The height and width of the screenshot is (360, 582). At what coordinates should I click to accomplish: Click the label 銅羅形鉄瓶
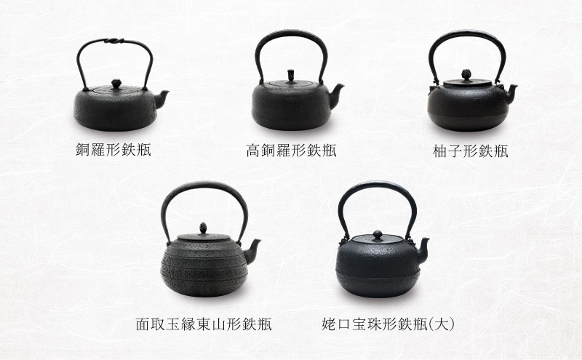[x=113, y=150]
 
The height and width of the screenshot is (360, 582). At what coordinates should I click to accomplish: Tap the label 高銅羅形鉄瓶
[x=292, y=151]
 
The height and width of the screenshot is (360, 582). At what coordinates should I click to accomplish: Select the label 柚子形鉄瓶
[x=470, y=151]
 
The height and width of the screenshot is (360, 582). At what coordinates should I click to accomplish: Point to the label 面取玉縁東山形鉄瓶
[x=204, y=324]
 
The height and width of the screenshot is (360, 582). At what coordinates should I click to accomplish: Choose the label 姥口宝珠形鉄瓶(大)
[x=388, y=324]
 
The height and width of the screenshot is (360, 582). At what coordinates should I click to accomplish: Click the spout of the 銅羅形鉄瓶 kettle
[x=161, y=98]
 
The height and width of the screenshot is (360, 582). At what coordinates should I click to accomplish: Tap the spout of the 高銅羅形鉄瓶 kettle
[x=336, y=95]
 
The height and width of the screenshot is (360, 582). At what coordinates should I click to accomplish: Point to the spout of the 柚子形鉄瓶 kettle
[x=511, y=93]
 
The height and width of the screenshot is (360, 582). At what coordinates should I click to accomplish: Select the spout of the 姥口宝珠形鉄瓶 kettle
[x=423, y=249]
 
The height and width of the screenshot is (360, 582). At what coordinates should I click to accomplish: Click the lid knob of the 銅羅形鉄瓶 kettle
[x=116, y=84]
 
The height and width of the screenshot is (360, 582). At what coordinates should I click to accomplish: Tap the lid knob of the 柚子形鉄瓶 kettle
[x=466, y=74]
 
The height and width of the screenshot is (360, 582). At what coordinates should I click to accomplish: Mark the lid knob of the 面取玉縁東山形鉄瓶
[x=203, y=228]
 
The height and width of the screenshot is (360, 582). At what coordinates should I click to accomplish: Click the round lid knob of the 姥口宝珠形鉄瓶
[x=378, y=235]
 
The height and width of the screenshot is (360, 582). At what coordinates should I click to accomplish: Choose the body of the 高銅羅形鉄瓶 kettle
[x=292, y=108]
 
